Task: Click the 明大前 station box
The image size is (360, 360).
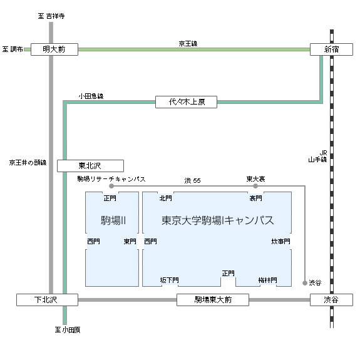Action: click(x=54, y=49)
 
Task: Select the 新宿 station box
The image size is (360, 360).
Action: click(x=331, y=49)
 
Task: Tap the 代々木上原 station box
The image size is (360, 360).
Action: click(x=186, y=102)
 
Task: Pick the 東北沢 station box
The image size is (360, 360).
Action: click(x=90, y=166)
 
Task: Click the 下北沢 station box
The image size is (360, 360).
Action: click(x=48, y=300)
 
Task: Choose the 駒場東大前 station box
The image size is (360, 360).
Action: click(x=213, y=300)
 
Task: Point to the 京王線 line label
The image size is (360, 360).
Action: click(x=188, y=43)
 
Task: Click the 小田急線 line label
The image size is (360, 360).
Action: click(x=91, y=96)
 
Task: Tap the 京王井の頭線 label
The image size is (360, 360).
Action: click(x=28, y=163)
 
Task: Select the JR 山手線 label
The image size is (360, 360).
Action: click(x=317, y=156)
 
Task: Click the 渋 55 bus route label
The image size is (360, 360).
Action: click(x=192, y=180)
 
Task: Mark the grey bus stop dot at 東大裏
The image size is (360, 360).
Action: click(x=255, y=186)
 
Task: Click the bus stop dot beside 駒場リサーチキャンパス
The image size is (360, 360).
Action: click(x=111, y=186)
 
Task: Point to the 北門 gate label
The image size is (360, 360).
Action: click(x=165, y=198)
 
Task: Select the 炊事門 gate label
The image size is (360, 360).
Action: click(x=280, y=241)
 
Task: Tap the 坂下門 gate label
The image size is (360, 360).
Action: click(x=170, y=280)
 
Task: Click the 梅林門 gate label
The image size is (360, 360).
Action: click(x=268, y=280)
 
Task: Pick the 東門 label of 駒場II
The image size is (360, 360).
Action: click(x=130, y=241)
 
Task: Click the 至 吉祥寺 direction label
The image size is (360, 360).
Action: click(x=51, y=16)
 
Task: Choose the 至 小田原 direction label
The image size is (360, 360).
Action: click(x=68, y=330)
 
